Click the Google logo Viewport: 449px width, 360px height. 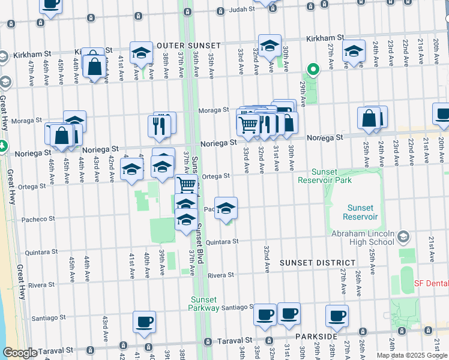pos(19,353)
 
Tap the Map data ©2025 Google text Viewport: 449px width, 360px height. pos(412,355)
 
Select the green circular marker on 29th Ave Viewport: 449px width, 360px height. pos(312,68)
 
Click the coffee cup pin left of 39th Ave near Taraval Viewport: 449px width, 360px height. pos(144,322)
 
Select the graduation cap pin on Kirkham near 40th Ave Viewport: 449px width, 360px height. pos(142,52)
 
